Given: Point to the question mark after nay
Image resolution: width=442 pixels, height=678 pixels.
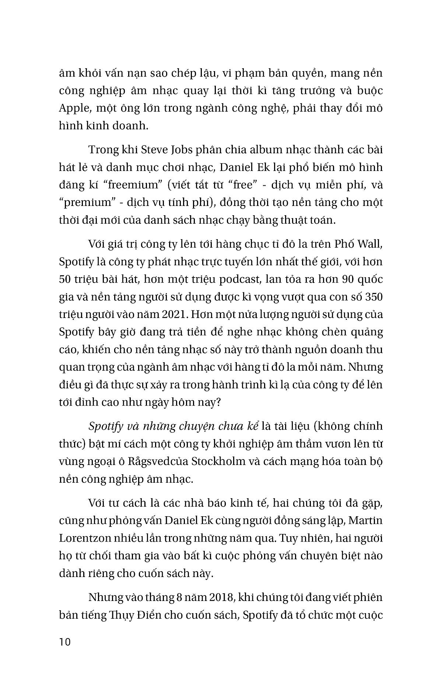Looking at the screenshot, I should [217, 402].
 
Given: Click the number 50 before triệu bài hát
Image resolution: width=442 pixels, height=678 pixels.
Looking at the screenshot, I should [66, 279].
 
